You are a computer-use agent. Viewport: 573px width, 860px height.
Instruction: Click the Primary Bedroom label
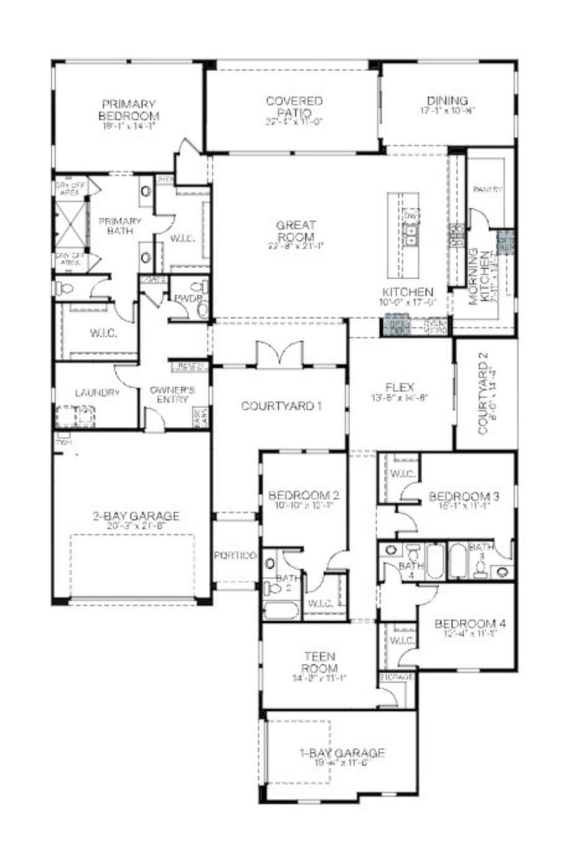pos(128,110)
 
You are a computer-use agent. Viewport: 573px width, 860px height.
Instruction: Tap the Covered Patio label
pos(294,107)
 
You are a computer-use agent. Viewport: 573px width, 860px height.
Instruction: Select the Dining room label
pos(447,101)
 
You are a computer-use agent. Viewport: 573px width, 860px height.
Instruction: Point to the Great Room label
pos(296,231)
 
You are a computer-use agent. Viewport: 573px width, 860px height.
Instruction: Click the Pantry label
pos(487,189)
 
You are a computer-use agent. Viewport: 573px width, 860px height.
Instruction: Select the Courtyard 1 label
pos(281,406)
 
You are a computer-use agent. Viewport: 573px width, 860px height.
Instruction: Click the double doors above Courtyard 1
pos(280,356)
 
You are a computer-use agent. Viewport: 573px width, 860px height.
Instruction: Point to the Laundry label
pos(96,393)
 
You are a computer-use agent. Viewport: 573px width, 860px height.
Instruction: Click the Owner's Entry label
pos(172,395)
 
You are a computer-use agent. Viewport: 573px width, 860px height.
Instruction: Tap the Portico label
pos(235,556)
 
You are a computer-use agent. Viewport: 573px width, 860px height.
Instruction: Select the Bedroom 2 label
pos(303,496)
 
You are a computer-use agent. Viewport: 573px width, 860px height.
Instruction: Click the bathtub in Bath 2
pos(281,610)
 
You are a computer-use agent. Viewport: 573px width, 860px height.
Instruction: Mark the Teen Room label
pos(319,662)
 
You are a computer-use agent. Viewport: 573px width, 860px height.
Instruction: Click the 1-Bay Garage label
pos(342,753)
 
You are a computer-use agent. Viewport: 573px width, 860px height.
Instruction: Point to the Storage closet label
pos(396,678)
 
